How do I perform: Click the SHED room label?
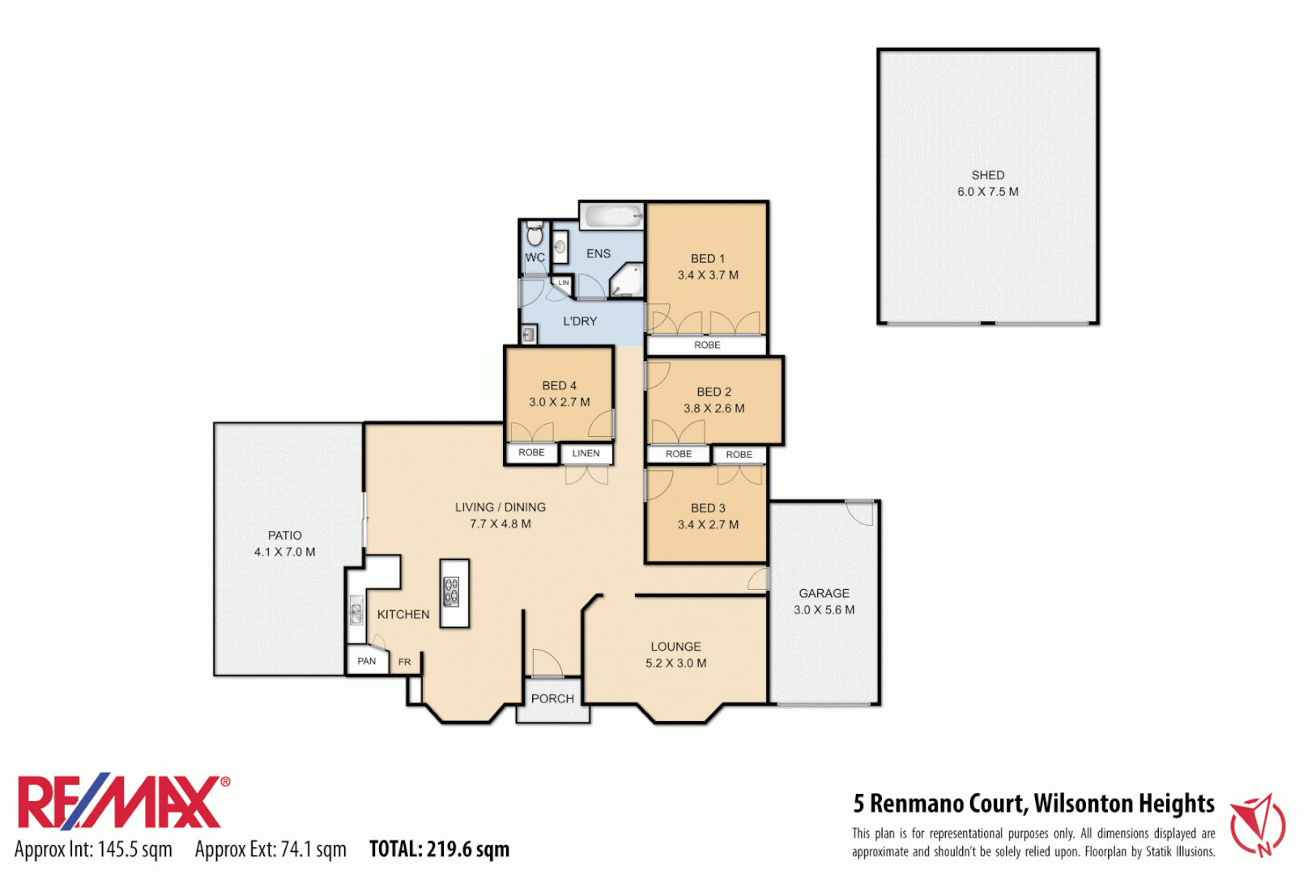(987, 175)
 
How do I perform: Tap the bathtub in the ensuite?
(612, 216)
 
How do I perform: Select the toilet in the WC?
(535, 235)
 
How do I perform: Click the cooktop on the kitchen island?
(452, 592)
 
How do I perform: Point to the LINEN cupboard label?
(586, 453)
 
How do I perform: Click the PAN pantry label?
(367, 661)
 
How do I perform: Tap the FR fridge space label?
(404, 662)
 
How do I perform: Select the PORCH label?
(552, 698)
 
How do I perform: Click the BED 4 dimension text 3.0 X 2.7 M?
(559, 402)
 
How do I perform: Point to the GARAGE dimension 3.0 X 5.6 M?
(824, 610)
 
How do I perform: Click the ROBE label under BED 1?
(707, 346)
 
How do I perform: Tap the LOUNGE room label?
(675, 647)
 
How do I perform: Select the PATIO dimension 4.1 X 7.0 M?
(284, 552)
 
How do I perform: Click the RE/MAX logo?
(121, 802)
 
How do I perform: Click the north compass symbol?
(1258, 825)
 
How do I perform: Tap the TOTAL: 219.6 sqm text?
(439, 849)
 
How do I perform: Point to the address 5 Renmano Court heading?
(1033, 804)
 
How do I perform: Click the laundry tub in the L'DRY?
(528, 333)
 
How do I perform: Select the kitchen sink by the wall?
(356, 610)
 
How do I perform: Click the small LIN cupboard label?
(563, 283)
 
